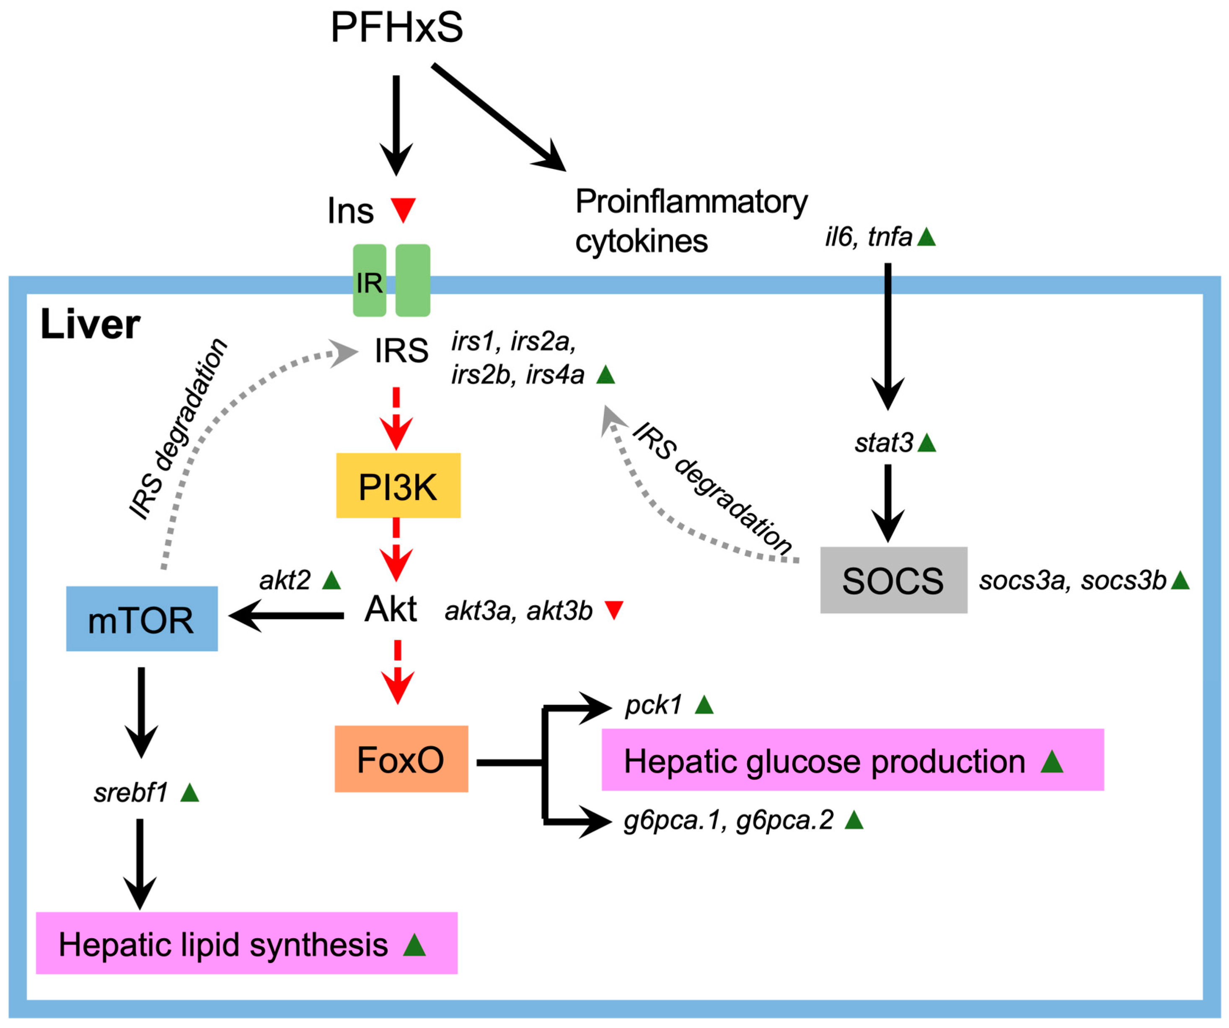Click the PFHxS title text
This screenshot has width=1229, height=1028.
click(396, 28)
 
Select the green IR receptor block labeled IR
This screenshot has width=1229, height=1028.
click(369, 280)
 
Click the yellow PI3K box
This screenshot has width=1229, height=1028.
click(398, 486)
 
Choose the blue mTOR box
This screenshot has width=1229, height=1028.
click(142, 619)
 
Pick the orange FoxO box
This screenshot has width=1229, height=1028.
click(401, 759)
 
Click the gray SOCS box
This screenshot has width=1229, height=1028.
click(893, 580)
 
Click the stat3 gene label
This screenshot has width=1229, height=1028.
click(884, 443)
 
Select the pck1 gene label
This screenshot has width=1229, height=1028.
click(653, 705)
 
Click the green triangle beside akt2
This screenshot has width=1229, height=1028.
click(331, 580)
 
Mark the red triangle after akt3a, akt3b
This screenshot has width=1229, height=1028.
click(613, 610)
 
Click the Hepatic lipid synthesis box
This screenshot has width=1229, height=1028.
click(246, 944)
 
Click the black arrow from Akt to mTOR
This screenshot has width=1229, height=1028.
click(287, 615)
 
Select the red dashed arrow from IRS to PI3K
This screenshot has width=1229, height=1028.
click(396, 418)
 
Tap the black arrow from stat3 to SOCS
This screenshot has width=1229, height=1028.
click(888, 504)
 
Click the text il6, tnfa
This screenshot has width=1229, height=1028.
click(869, 237)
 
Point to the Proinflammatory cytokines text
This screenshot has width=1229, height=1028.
click(691, 221)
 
